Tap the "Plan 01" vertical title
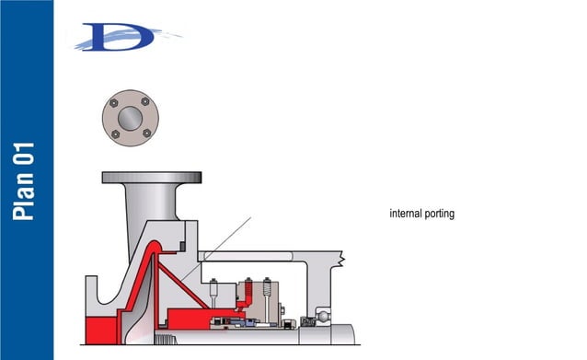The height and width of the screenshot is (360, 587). [x=26, y=180]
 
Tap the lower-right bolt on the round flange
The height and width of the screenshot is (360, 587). [x=145, y=134]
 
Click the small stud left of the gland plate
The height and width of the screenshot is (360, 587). [x=212, y=293]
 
